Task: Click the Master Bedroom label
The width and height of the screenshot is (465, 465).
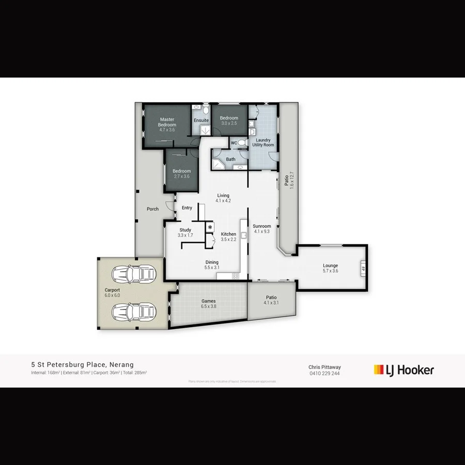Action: coord(167,122)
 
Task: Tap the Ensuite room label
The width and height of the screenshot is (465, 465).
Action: coord(201,120)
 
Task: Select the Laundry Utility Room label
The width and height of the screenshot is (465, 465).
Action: coord(263,143)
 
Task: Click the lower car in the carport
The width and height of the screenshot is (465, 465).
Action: coord(134,312)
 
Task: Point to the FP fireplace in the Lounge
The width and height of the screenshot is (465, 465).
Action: coord(363,269)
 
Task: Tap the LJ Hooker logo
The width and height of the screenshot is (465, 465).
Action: coord(404,370)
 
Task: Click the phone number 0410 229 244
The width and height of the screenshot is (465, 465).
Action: coord(324,374)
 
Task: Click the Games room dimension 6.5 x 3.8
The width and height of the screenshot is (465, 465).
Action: coord(209,307)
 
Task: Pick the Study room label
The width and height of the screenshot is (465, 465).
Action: coord(185,230)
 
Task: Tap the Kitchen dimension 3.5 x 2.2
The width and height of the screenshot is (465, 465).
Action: coord(228,240)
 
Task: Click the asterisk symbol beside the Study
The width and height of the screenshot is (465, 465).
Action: coord(210,227)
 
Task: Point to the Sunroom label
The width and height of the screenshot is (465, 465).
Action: coord(262,226)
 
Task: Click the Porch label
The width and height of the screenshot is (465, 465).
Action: coord(152,209)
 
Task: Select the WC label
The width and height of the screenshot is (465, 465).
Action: coord(234,143)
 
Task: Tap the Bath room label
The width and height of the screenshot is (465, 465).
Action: coord(230,159)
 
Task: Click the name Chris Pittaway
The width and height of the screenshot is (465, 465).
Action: coord(324,367)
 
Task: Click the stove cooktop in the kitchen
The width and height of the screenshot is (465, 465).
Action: coord(235,276)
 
